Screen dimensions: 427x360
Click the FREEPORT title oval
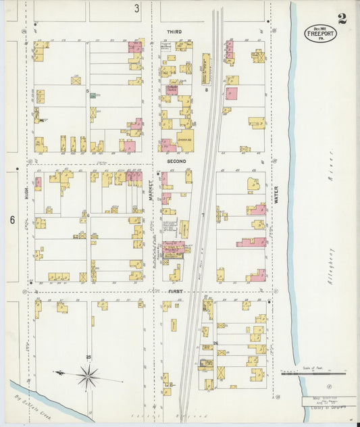(320, 33)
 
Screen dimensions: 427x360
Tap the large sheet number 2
(342, 18)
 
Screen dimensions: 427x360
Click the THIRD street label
(174, 32)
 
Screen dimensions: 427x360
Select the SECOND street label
(176, 162)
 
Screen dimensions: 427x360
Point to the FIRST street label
(175, 291)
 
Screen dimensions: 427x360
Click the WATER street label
(276, 195)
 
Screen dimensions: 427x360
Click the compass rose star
(88, 376)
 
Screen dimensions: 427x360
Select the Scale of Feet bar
(313, 372)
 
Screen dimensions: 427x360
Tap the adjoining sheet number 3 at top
(136, 9)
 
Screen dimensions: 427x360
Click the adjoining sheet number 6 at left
(12, 220)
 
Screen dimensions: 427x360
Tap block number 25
(88, 356)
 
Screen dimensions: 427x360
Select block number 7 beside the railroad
(202, 215)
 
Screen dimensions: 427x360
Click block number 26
(215, 344)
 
